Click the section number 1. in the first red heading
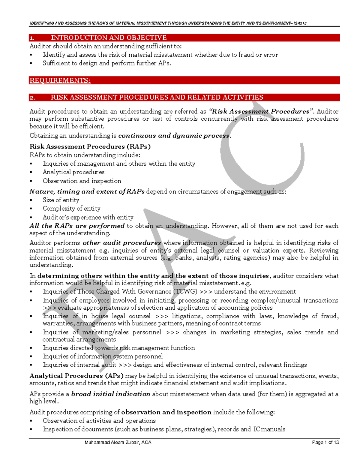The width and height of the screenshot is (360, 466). (32, 38)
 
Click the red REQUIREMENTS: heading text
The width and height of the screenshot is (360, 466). (60, 80)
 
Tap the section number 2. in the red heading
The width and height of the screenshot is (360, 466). (32, 98)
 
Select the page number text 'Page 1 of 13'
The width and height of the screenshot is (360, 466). (325, 442)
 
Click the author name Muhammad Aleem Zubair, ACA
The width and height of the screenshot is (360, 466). (118, 442)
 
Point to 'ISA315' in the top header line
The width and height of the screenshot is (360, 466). (300, 23)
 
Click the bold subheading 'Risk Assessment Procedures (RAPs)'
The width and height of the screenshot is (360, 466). (90, 146)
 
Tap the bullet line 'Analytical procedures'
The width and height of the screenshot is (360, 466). (73, 172)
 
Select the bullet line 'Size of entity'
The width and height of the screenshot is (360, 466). (61, 200)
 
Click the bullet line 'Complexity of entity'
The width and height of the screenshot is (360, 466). (71, 208)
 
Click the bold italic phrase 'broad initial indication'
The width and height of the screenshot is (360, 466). (111, 394)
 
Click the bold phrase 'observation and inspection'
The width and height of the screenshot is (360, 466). (166, 412)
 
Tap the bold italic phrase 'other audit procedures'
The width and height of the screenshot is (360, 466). (122, 243)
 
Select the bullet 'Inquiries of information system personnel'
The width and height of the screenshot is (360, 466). (103, 356)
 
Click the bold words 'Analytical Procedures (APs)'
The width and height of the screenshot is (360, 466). (76, 376)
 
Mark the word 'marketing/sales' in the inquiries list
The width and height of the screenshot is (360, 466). (105, 332)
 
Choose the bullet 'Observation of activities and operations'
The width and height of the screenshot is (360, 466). (99, 421)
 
